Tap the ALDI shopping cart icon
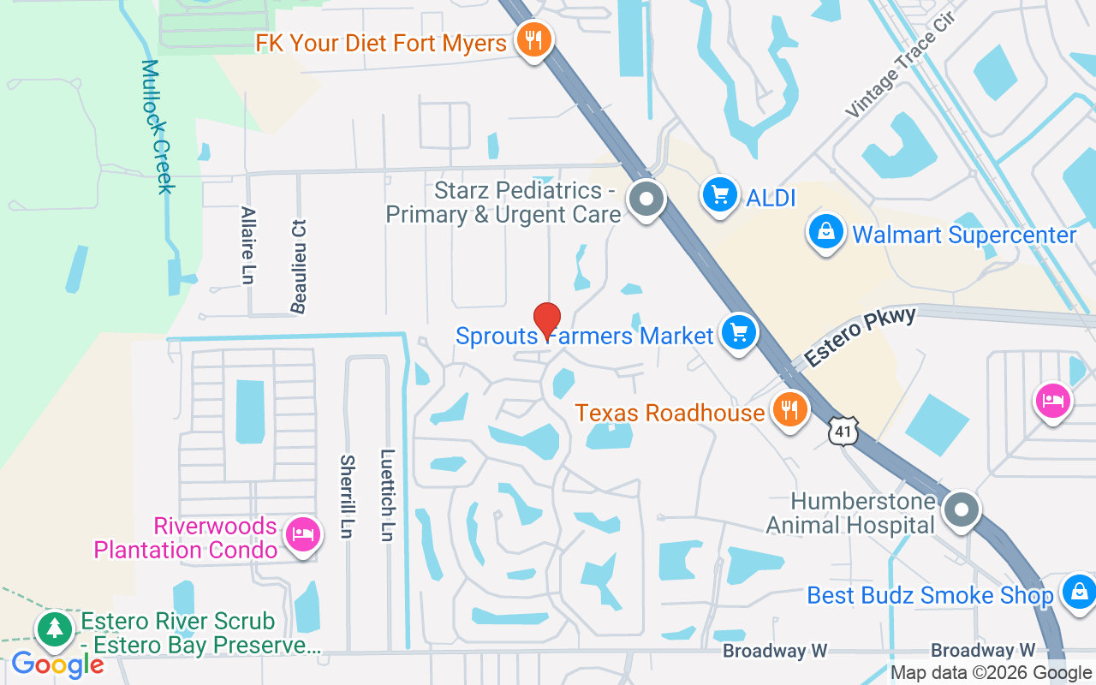click(x=719, y=196)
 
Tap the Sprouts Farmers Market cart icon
click(x=739, y=333)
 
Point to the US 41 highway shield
click(x=844, y=432)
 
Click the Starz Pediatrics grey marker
click(x=646, y=200)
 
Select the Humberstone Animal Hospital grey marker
click(x=961, y=509)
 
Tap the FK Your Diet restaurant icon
click(x=533, y=39)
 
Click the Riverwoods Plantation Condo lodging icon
click(x=302, y=536)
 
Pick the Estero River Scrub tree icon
click(x=55, y=629)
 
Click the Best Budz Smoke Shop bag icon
click(x=1079, y=593)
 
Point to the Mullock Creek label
click(x=158, y=127)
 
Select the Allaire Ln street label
click(x=248, y=245)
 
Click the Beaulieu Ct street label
click(x=299, y=265)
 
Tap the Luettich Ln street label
click(x=388, y=495)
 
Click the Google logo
click(x=57, y=664)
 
